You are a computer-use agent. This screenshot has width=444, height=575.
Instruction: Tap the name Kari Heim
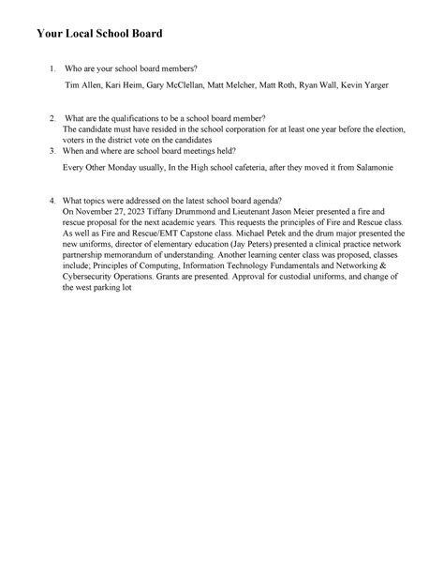click(124, 84)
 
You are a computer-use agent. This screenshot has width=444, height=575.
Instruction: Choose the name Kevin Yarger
click(363, 84)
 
